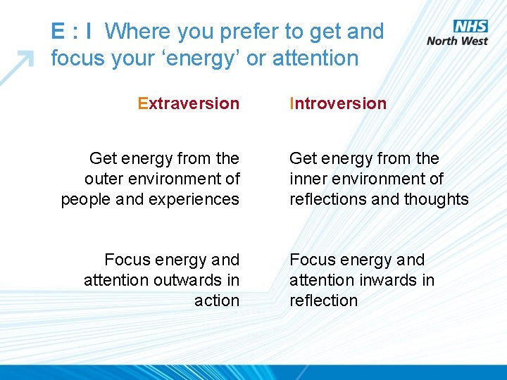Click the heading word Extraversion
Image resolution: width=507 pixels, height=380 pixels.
coord(189,103)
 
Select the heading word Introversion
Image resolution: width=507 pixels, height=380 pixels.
coord(338,103)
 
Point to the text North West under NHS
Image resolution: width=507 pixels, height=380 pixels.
coord(458,41)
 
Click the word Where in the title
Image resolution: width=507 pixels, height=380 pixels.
coord(137,32)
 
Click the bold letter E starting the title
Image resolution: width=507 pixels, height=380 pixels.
coord(58,32)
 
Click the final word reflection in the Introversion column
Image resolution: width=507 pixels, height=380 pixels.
coord(323,300)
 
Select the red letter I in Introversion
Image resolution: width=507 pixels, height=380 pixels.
coord(292,103)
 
